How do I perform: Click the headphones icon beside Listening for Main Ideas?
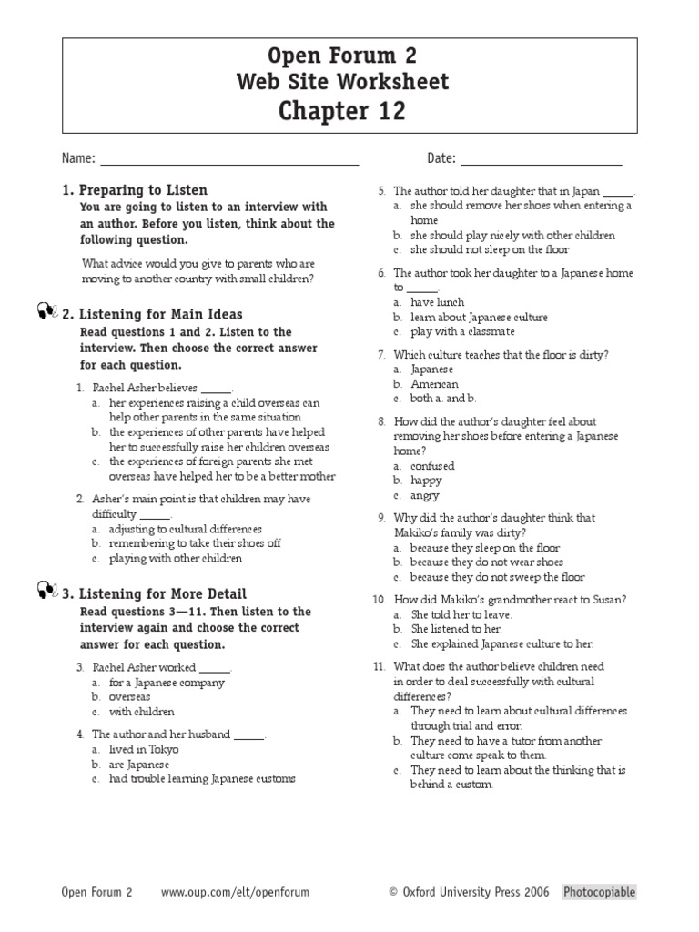[48, 313]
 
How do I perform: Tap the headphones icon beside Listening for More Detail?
[48, 593]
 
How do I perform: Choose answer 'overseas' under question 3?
[129, 697]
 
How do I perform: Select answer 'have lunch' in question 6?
[437, 302]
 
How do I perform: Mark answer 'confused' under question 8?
[432, 466]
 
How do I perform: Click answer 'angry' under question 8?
[424, 496]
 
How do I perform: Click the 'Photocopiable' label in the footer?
[599, 893]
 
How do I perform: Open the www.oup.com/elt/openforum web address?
[235, 893]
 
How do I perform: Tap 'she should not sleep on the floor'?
[490, 249]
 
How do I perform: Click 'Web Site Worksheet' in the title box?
[342, 82]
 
